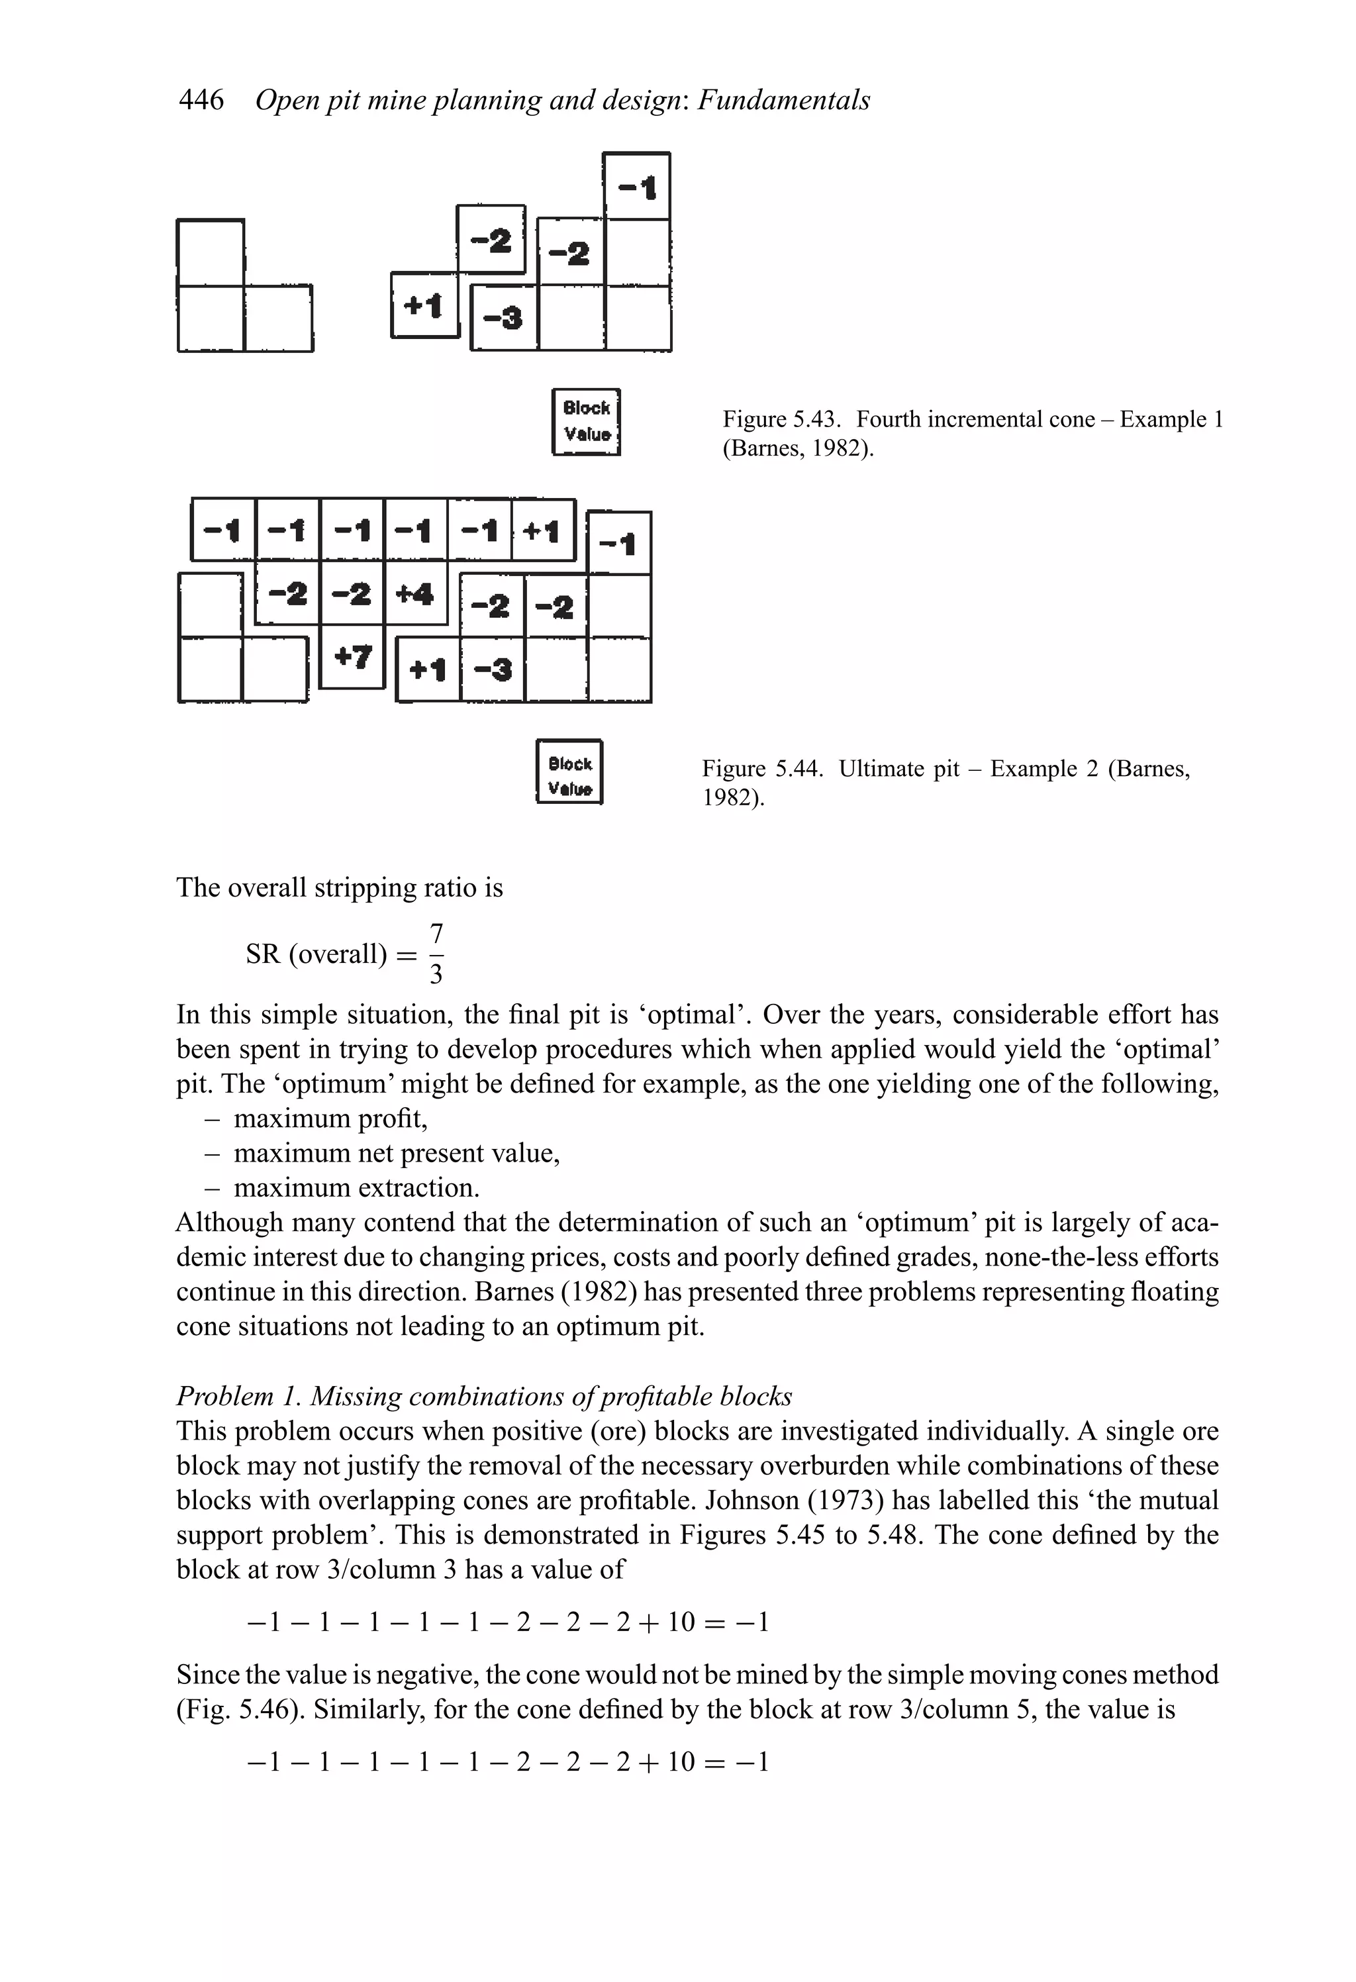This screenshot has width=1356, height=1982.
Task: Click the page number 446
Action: [201, 101]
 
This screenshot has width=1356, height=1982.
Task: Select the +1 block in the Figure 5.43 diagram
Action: [424, 305]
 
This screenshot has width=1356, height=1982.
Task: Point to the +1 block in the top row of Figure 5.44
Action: [542, 531]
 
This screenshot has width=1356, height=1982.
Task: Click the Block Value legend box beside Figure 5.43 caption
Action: [586, 421]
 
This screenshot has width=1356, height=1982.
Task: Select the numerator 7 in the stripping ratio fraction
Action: [436, 932]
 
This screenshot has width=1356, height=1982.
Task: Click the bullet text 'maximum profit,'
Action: [330, 1118]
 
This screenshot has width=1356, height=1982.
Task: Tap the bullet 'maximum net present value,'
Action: [397, 1153]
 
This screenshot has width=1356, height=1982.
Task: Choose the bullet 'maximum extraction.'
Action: [356, 1188]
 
